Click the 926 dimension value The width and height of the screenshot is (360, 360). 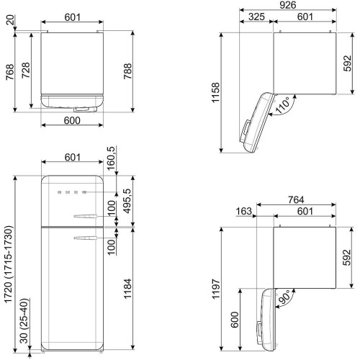[x=288, y=5]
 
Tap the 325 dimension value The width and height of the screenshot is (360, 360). [x=256, y=17]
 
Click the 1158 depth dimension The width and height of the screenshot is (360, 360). [x=215, y=92]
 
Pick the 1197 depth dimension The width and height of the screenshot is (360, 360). [x=216, y=289]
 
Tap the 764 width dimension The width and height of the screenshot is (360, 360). [x=296, y=199]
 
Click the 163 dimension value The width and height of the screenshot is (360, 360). [x=244, y=211]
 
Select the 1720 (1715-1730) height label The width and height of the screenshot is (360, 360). [x=9, y=264]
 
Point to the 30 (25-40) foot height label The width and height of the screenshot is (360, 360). [x=24, y=320]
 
